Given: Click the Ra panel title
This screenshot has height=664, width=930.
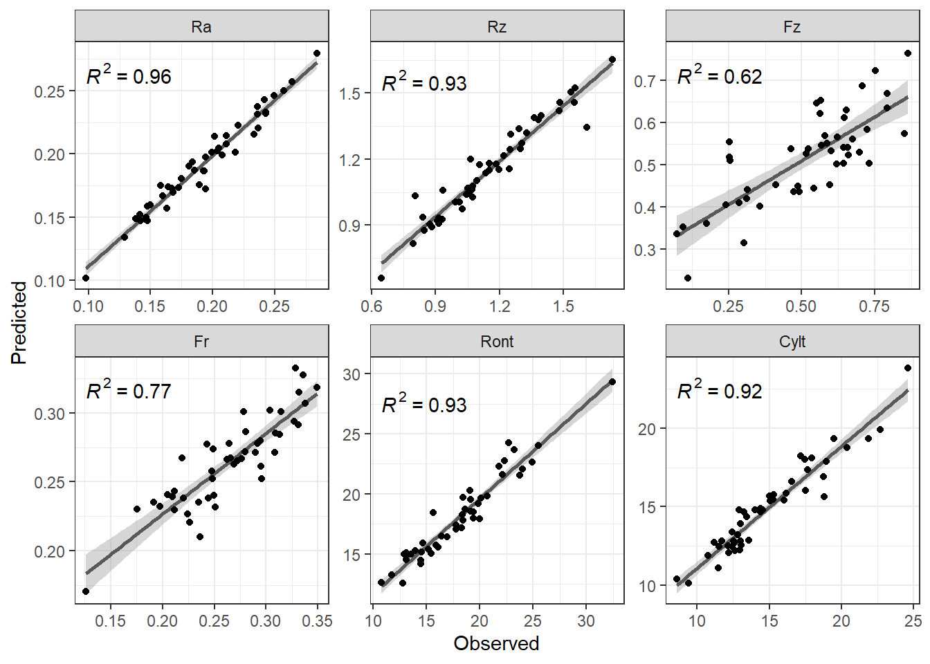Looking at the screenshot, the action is coord(201,27).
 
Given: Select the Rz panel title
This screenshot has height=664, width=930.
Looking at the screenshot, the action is coord(497,27).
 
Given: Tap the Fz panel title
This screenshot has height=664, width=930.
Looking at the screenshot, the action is coord(792,27).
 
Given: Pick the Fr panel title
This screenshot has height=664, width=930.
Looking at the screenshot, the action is coord(201,342).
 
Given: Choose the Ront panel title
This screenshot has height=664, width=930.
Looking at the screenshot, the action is coord(497,342).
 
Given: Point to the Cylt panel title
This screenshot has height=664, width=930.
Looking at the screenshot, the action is coord(792,342).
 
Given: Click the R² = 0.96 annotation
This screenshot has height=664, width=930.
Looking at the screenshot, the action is coord(129,75).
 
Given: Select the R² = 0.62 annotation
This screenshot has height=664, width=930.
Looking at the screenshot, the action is coord(720,75).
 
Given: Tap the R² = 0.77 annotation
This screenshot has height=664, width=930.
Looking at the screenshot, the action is coord(129,390).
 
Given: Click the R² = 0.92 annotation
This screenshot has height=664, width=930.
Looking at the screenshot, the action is coord(720,390).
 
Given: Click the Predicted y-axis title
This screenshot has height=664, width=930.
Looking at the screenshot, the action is coord(19,323).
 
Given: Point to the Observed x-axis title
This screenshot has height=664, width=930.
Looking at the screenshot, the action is coord(497,644).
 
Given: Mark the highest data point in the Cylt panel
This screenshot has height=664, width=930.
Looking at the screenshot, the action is coord(908,368).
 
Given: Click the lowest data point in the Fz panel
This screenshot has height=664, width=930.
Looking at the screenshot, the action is coord(688,277).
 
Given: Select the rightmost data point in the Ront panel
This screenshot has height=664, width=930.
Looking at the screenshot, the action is coord(612,382).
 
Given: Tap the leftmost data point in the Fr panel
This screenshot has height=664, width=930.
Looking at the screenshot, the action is coord(86,591).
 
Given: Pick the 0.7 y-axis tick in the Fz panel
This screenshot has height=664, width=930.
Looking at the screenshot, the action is coord(647,80).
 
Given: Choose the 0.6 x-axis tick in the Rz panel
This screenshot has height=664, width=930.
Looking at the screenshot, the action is coord(372,306).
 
